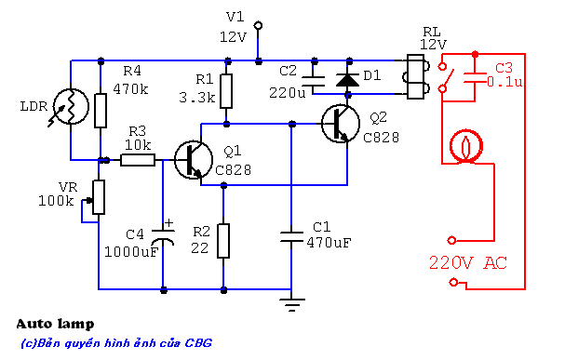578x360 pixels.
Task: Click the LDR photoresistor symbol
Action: click(x=71, y=106)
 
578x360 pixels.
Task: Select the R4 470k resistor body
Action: click(x=101, y=111)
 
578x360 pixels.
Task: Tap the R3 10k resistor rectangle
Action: click(x=138, y=160)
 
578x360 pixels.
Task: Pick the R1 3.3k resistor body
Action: click(x=226, y=91)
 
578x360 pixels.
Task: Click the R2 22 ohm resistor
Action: click(x=223, y=241)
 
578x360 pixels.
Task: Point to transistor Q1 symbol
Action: click(x=194, y=160)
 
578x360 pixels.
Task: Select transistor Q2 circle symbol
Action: click(x=341, y=124)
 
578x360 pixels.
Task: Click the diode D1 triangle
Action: click(x=347, y=80)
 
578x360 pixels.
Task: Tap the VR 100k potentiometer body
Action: click(x=99, y=197)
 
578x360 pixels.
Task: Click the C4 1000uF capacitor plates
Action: click(x=163, y=236)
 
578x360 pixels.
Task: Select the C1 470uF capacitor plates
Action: click(x=291, y=237)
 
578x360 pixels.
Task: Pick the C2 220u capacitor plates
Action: click(x=314, y=81)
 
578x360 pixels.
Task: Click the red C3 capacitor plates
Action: click(x=475, y=78)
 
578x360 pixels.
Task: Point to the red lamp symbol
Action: click(x=466, y=146)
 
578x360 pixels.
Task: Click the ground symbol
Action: click(x=292, y=305)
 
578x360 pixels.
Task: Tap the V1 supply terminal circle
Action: click(x=259, y=25)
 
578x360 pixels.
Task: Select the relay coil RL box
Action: click(x=415, y=76)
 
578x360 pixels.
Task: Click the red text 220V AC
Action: click(x=468, y=262)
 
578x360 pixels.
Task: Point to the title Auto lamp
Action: click(x=55, y=325)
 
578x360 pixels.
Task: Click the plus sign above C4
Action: click(x=168, y=223)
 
